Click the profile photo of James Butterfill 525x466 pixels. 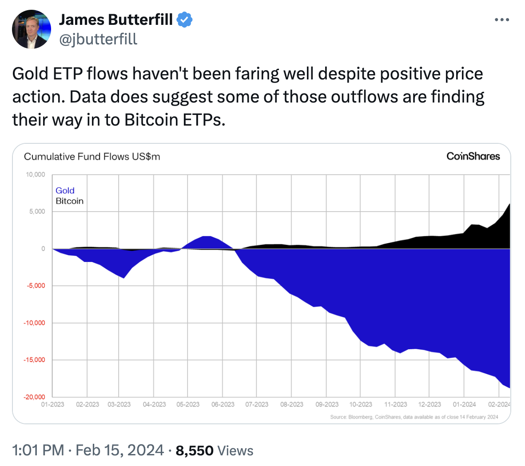(x=31, y=29)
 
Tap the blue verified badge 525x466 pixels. (x=184, y=20)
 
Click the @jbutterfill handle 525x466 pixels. (x=98, y=39)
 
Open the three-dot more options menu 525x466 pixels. (x=501, y=20)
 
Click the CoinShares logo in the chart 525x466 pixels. (x=473, y=156)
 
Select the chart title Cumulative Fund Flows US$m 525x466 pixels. (x=92, y=157)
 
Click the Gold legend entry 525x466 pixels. (x=65, y=190)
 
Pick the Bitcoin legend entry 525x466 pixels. (x=69, y=201)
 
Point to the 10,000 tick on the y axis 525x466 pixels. (x=36, y=174)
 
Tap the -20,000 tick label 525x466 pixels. (x=35, y=397)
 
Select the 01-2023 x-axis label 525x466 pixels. (x=52, y=404)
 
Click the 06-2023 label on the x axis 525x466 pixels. (x=223, y=404)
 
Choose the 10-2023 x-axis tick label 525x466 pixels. (x=361, y=404)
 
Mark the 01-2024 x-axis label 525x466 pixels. (x=464, y=404)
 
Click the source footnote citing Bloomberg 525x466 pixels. (x=414, y=417)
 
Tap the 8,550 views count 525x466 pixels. (x=195, y=450)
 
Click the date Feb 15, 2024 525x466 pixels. (x=119, y=450)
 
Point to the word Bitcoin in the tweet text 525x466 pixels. (x=151, y=120)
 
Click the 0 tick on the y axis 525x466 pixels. (x=43, y=249)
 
